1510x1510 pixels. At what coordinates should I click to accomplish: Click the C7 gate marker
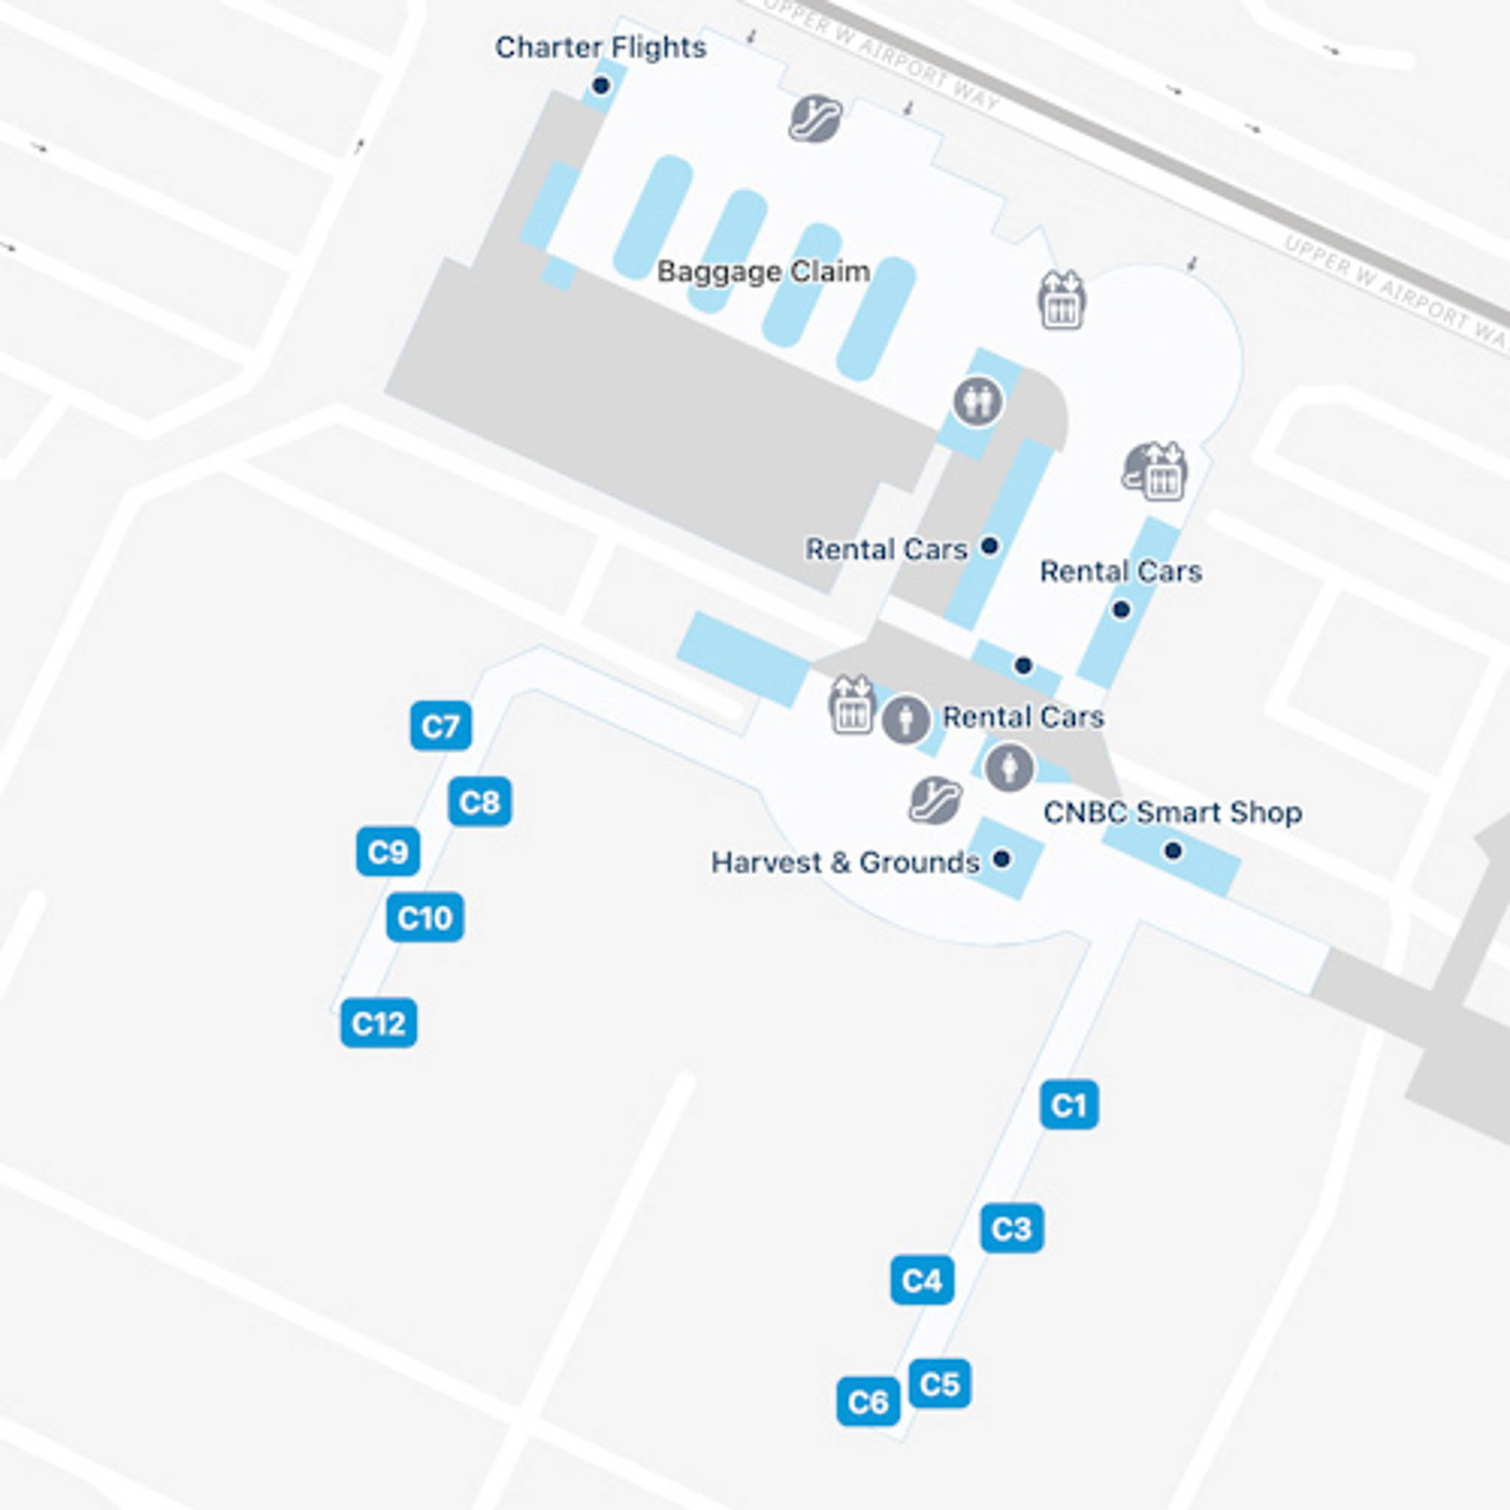pyautogui.click(x=441, y=726)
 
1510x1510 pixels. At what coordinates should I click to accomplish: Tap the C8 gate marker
pyautogui.click(x=480, y=802)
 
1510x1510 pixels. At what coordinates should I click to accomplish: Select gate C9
pyautogui.click(x=389, y=852)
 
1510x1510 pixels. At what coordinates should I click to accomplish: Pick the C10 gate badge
pyautogui.click(x=425, y=916)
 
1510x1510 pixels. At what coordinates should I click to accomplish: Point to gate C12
pyautogui.click(x=379, y=1023)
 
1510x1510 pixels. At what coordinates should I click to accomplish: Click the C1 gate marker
pyautogui.click(x=1069, y=1105)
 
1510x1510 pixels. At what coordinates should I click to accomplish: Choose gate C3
pyautogui.click(x=1012, y=1228)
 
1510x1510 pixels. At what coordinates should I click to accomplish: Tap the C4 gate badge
pyautogui.click(x=922, y=1280)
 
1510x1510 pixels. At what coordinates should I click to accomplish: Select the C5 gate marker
pyautogui.click(x=939, y=1383)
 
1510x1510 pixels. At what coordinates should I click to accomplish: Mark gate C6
pyautogui.click(x=869, y=1402)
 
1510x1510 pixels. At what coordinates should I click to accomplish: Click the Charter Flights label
pyautogui.click(x=600, y=48)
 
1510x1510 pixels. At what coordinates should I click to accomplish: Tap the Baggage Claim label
pyautogui.click(x=763, y=272)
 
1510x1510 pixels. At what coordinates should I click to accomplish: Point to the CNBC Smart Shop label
pyautogui.click(x=1172, y=813)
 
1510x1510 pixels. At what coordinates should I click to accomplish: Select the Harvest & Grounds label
pyautogui.click(x=845, y=863)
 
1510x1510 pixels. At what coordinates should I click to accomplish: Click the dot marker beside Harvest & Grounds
pyautogui.click(x=1001, y=860)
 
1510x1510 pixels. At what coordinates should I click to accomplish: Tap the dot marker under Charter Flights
pyautogui.click(x=600, y=86)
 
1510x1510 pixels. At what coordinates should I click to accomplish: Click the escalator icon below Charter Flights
pyautogui.click(x=815, y=118)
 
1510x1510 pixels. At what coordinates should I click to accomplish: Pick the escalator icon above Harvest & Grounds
pyautogui.click(x=936, y=799)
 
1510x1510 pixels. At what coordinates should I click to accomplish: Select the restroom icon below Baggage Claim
pyautogui.click(x=978, y=401)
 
